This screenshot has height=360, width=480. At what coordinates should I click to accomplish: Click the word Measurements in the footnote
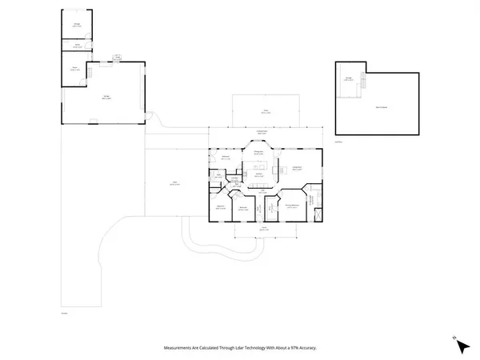point(183,348)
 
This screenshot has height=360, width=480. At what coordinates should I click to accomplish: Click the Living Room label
point(296,167)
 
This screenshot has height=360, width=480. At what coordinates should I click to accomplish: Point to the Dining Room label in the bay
point(260,152)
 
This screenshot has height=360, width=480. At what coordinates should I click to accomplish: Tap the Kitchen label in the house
point(260,174)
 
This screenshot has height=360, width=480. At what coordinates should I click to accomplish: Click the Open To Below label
point(381,105)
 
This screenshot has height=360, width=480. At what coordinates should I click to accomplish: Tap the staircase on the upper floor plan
point(364,82)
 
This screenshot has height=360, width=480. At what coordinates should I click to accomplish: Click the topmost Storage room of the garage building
point(78,25)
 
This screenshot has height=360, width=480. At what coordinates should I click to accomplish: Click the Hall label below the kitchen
point(262,190)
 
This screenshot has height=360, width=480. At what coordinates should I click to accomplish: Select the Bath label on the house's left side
point(218,177)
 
